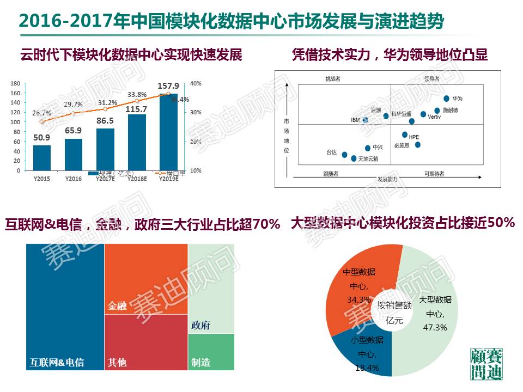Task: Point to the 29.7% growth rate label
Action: pyautogui.click(x=73, y=104)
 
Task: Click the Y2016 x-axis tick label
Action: pyautogui.click(x=73, y=178)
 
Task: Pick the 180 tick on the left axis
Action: pyautogui.click(x=15, y=84)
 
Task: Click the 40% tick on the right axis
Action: pyautogui.click(x=195, y=84)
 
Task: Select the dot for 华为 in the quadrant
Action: pyautogui.click(x=447, y=99)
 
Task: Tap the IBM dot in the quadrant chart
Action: pyautogui.click(x=365, y=120)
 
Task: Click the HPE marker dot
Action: pyautogui.click(x=405, y=134)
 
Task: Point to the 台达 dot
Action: pyautogui.click(x=344, y=155)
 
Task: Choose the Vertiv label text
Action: pyautogui.click(x=434, y=117)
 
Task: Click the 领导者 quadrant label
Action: pyautogui.click(x=431, y=79)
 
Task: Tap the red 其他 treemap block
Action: pyautogui.click(x=145, y=343)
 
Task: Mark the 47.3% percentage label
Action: pyautogui.click(x=435, y=327)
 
